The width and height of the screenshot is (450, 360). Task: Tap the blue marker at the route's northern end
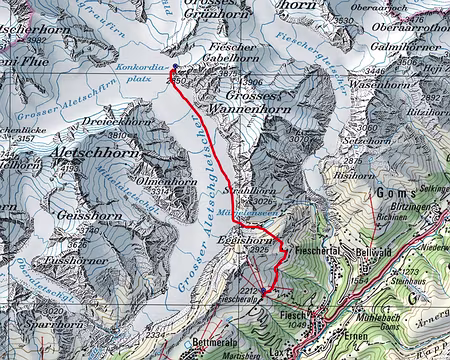175,69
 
